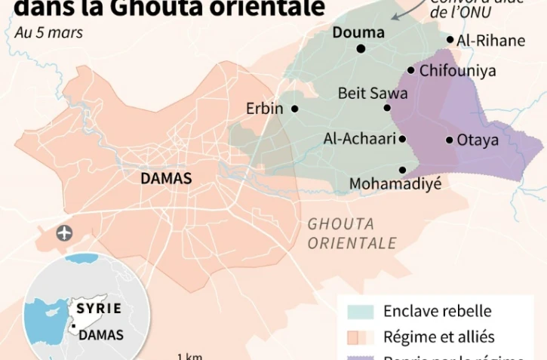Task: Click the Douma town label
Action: pos(358,32)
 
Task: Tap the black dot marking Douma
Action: pos(361,49)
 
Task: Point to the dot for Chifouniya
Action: pos(411,70)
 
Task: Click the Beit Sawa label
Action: pos(373,94)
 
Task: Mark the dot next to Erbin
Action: pos(294,109)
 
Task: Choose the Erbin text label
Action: pos(265,109)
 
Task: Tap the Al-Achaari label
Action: pos(358,139)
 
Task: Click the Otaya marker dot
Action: pos(449,140)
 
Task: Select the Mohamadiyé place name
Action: pos(395,183)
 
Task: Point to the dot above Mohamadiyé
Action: pos(403,170)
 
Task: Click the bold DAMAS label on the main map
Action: pos(166,179)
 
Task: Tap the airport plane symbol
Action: pos(65,232)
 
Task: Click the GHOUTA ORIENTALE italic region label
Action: pos(352,233)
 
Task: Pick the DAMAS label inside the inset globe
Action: pos(101,334)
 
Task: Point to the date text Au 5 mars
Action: pos(48,32)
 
